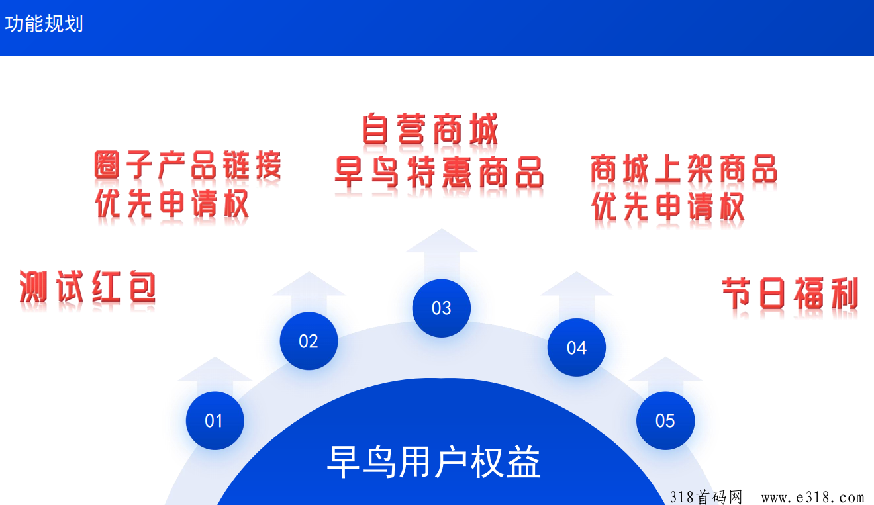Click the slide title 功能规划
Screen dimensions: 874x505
tap(44, 23)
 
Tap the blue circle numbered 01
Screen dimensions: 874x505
tap(215, 421)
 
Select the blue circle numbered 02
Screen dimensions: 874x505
tap(309, 341)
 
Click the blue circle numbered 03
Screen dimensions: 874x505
tap(441, 308)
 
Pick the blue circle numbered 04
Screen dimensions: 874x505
tap(576, 347)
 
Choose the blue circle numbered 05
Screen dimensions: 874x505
tap(665, 421)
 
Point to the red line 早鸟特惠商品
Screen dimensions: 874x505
tap(440, 172)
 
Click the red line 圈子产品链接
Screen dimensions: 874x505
tap(187, 165)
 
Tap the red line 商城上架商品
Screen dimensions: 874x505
tap(684, 169)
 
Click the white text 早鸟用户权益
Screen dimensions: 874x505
tap(434, 462)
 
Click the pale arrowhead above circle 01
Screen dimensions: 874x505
tap(215, 369)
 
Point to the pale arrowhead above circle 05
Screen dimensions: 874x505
tap(665, 369)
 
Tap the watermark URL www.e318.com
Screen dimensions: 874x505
tap(812, 497)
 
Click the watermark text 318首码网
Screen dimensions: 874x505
tap(706, 497)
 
